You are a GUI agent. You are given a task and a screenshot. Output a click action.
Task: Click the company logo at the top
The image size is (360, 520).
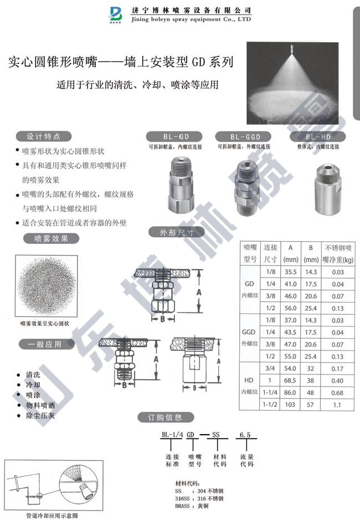pos(119,14)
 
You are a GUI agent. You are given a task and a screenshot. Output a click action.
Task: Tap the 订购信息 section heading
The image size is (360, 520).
pos(166,417)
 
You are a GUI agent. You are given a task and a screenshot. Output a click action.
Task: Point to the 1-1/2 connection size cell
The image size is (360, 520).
pos(270,405)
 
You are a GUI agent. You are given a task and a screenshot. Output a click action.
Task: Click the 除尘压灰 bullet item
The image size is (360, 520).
pos(40,415)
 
